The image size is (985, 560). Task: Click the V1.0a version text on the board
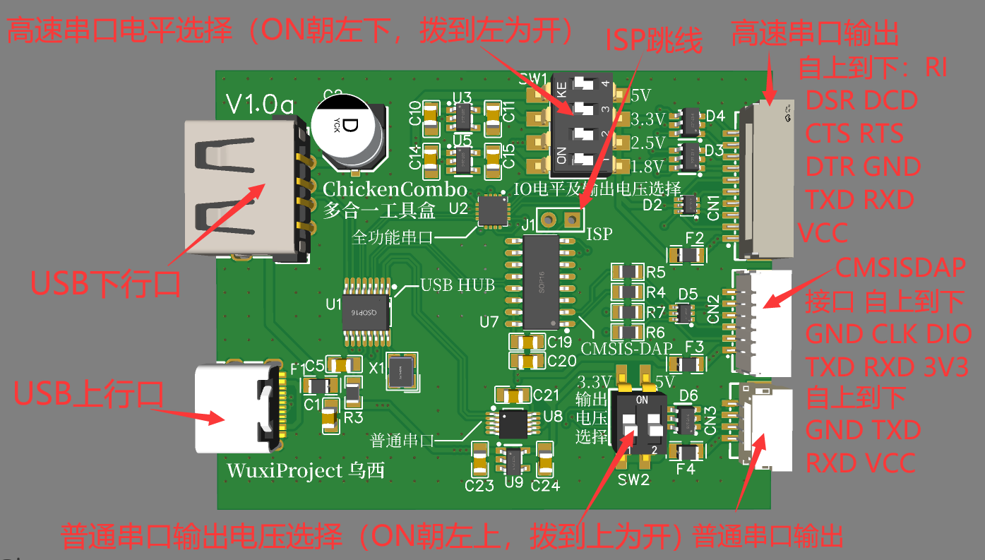[259, 105]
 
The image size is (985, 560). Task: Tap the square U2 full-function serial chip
[493, 210]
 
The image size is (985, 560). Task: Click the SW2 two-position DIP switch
[638, 423]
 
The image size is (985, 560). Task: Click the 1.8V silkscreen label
[647, 167]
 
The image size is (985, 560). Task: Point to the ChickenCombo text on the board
[395, 189]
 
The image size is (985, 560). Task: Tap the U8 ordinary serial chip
[511, 422]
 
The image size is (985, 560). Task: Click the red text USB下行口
[105, 284]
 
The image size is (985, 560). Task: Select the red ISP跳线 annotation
[654, 42]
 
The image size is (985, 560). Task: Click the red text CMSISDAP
[900, 267]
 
